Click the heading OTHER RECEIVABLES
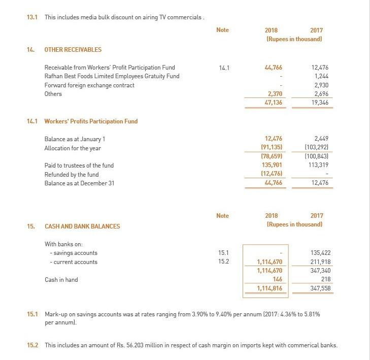point(73,50)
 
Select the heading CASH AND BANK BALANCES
point(82,226)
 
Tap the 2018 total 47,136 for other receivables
point(272,103)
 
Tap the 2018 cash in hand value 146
point(277,279)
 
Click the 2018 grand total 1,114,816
point(270,288)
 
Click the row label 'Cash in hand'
point(61,279)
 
